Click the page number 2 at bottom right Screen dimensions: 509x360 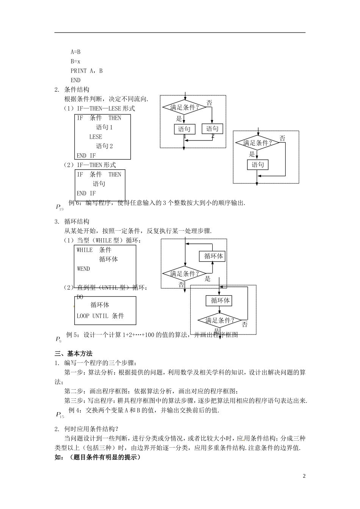[x=304, y=476]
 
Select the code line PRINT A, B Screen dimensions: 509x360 [x=86, y=71]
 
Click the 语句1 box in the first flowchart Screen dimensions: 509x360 [x=185, y=129]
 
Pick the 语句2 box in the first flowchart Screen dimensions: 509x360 [x=212, y=129]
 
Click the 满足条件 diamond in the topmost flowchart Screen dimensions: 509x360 [x=185, y=108]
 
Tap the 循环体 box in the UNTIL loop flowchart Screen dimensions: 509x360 [x=220, y=301]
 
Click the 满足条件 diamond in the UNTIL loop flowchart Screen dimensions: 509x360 [x=220, y=320]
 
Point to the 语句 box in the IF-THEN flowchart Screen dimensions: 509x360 [x=258, y=165]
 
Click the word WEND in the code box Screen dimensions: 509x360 [x=83, y=269]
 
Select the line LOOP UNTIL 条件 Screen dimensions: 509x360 [x=100, y=316]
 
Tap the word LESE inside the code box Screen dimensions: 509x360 [x=95, y=137]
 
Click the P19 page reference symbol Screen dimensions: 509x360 [x=59, y=207]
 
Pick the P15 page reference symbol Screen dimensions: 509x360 [x=60, y=415]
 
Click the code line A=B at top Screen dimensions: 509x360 [x=75, y=52]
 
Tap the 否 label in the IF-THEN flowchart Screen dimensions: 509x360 [x=282, y=139]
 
